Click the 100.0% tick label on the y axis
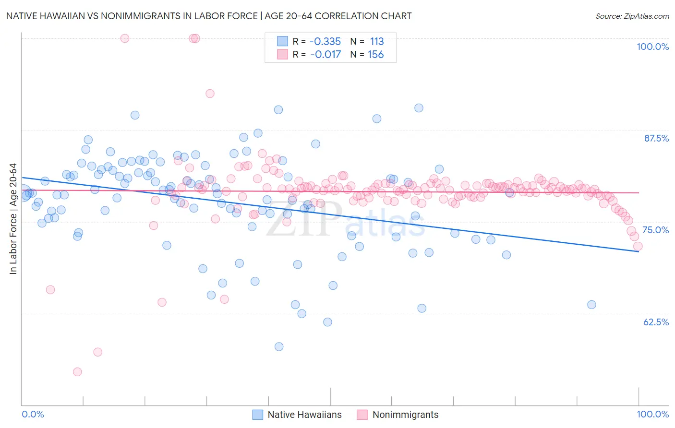[652, 47]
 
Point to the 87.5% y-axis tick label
[656, 138]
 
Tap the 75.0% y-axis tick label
[655, 230]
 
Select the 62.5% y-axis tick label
[656, 322]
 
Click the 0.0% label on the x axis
[33, 414]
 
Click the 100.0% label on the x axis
[652, 414]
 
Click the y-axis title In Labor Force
[13, 219]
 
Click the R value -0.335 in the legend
[325, 41]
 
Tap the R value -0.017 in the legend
[325, 55]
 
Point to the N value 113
[376, 41]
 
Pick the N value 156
[375, 55]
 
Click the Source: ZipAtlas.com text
[632, 16]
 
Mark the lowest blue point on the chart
[279, 346]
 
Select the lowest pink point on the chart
[77, 371]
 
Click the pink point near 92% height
[210, 94]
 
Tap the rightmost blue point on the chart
[591, 305]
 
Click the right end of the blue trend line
[639, 251]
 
